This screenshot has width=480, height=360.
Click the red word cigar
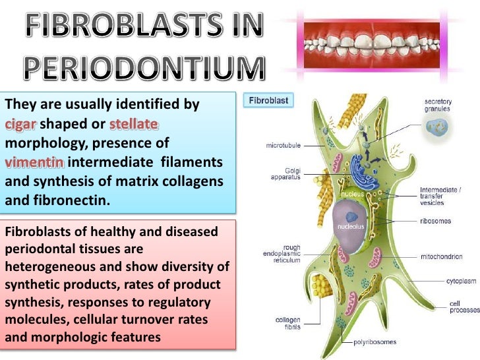(22, 125)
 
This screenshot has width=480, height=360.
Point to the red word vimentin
(34, 162)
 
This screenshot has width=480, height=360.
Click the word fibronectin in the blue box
(71, 200)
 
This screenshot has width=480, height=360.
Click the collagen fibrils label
(288, 324)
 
